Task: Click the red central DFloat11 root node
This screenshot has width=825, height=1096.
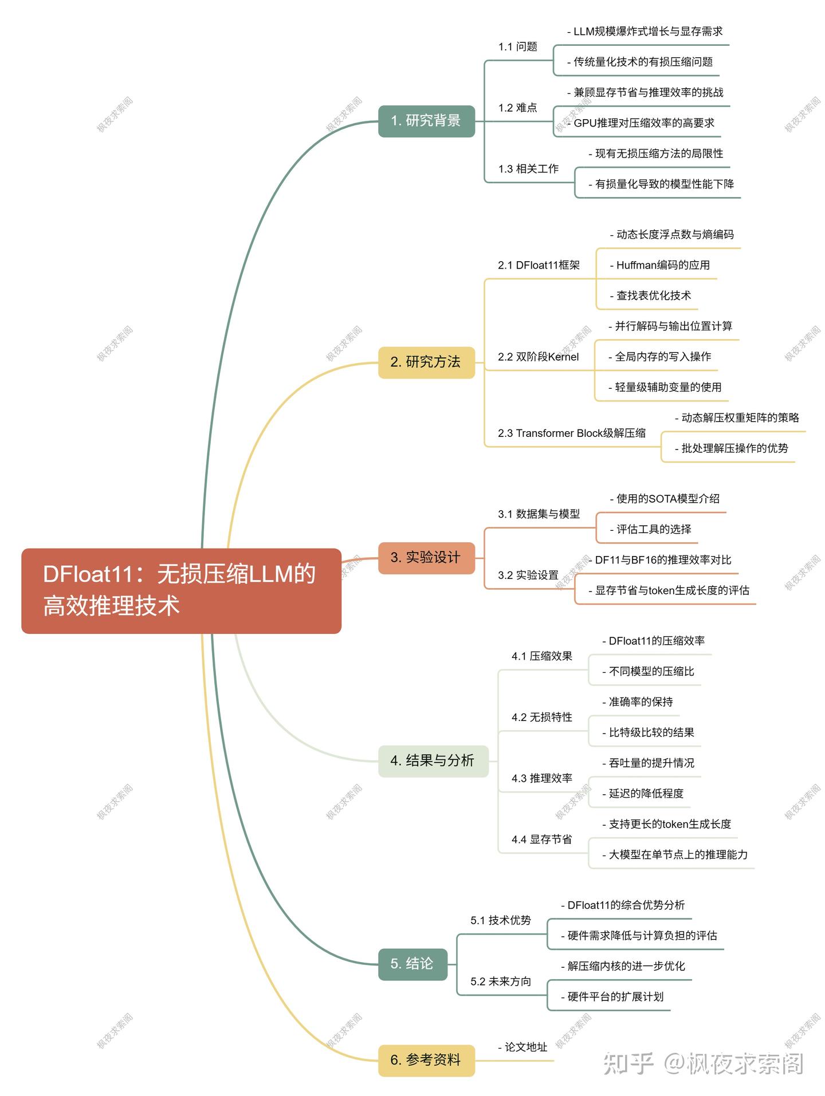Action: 181,590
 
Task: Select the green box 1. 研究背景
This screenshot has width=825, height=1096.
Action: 426,121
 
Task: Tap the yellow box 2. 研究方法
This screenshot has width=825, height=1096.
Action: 426,362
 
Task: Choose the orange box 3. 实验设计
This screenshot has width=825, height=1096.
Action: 426,558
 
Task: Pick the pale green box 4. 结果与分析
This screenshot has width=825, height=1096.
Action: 433,761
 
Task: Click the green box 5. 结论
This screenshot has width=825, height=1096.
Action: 412,964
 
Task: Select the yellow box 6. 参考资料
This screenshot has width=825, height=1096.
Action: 426,1060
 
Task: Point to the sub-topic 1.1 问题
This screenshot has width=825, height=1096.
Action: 517,47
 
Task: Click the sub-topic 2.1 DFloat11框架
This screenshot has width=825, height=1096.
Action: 539,265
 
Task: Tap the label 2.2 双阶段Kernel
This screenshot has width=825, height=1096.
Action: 538,357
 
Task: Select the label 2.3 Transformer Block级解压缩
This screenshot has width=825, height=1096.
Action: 571,433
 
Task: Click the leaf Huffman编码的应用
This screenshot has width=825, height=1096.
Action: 659,265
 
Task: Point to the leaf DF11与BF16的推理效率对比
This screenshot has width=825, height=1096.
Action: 660,560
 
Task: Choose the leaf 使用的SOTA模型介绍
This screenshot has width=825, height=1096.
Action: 665,499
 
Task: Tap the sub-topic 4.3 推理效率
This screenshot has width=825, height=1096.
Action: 541,779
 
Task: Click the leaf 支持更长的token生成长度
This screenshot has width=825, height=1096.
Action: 666,825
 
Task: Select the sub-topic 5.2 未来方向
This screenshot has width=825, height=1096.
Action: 500,982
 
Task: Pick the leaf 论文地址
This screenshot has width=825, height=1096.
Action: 522,1047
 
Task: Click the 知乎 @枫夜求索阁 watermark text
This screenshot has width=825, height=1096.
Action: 704,1064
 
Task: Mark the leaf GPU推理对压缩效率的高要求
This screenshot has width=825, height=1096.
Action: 641,123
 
